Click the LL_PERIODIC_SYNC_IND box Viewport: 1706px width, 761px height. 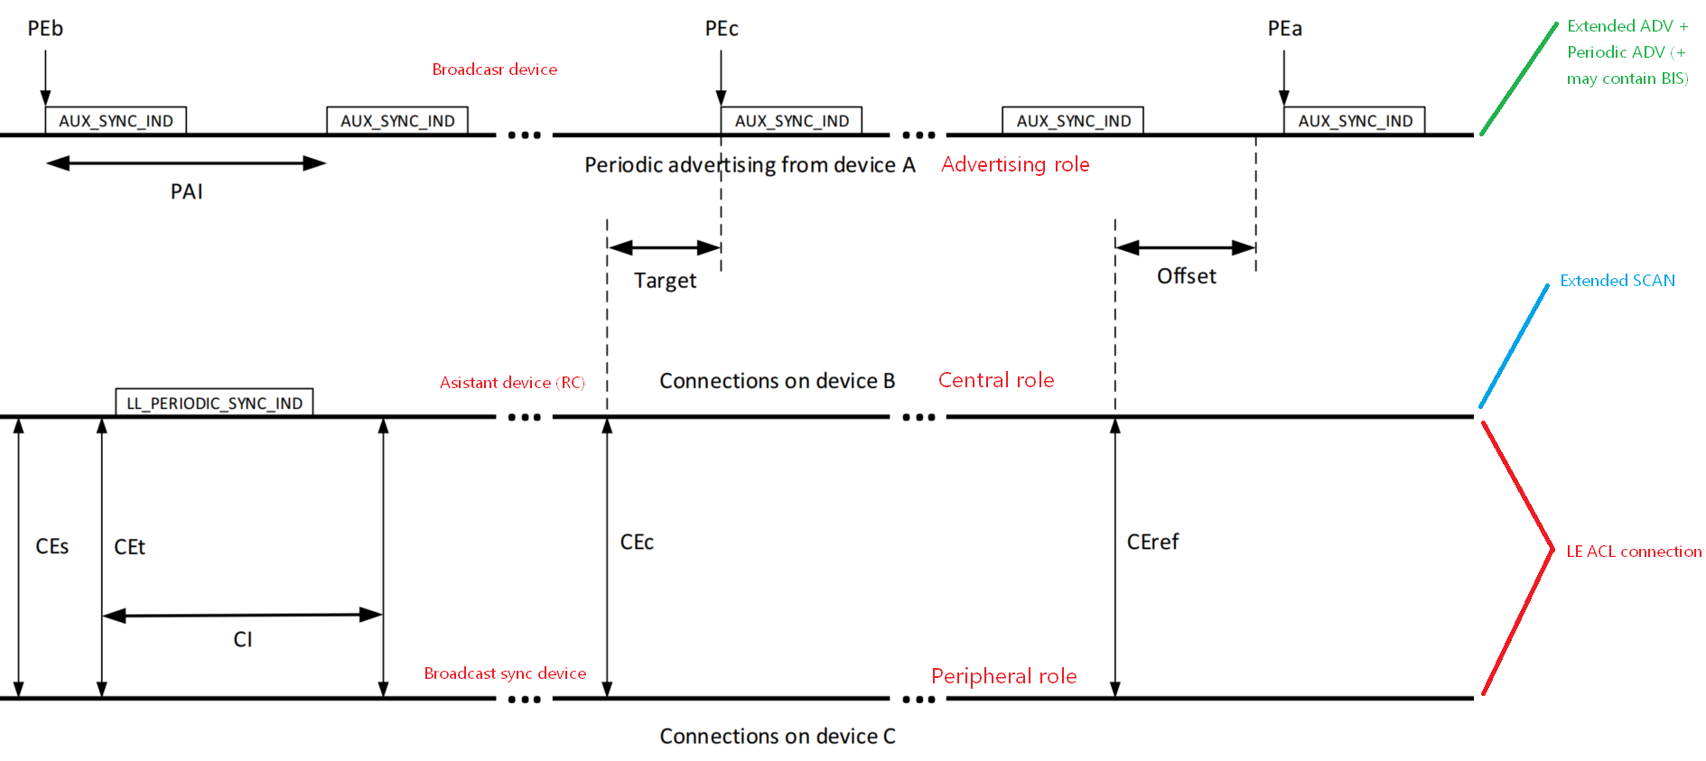coord(214,403)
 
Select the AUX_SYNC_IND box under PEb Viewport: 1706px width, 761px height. coord(116,121)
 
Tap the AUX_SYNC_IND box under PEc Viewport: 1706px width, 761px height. coord(791,121)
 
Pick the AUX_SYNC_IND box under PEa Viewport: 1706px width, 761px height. coord(1355,121)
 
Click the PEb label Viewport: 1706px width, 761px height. coord(45,29)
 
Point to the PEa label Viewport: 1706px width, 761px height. coord(1284,29)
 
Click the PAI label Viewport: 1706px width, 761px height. coord(186,191)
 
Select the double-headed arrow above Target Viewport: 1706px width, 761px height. coord(664,247)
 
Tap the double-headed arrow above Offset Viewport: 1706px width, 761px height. coord(1185,247)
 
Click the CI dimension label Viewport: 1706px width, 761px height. coord(243,639)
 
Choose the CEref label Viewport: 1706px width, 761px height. coord(1152,542)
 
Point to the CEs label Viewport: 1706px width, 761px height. coord(52,546)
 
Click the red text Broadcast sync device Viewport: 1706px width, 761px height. coord(505,673)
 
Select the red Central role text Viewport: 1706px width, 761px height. coord(996,380)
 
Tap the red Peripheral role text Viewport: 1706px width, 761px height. coord(1003,676)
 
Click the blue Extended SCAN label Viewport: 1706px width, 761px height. coord(1617,281)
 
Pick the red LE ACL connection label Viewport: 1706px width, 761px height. coord(1633,552)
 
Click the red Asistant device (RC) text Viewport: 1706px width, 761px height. coord(512,383)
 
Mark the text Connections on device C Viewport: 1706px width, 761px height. coord(778,737)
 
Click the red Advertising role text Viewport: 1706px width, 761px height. coord(1015,164)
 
